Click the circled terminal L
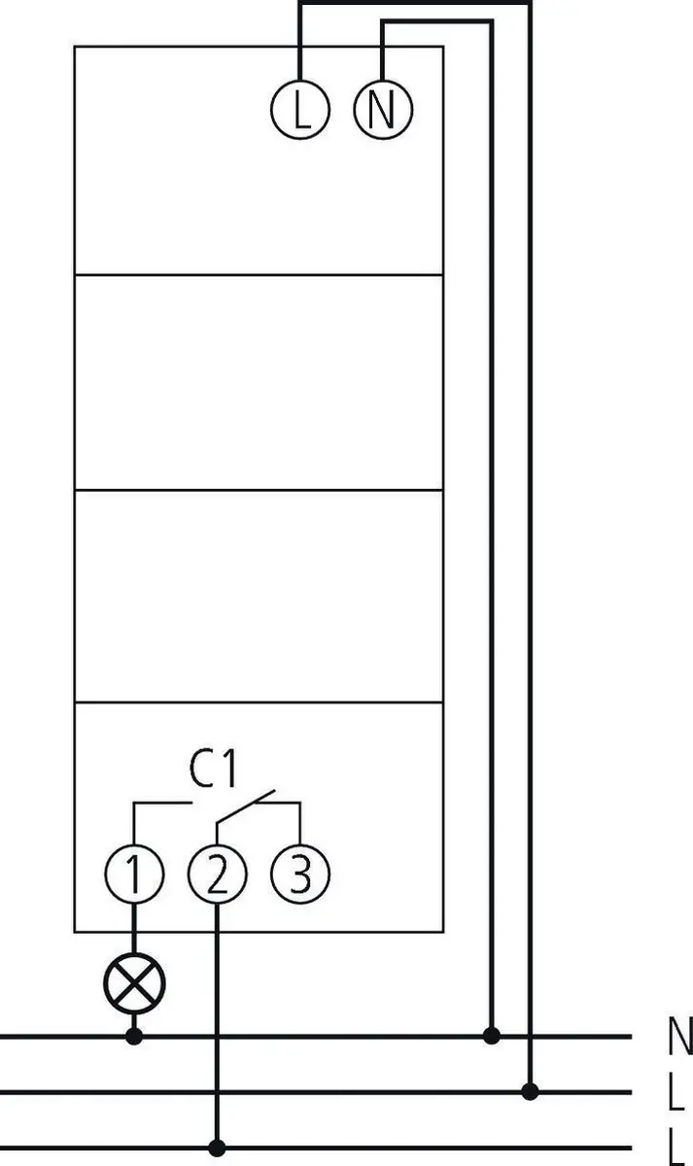tap(300, 109)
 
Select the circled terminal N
tap(383, 109)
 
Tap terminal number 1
tap(134, 874)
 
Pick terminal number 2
tap(217, 874)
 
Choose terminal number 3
tap(300, 874)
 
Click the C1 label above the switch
tap(213, 769)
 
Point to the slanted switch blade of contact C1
tap(245, 806)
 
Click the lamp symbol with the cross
tap(134, 983)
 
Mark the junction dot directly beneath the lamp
tap(134, 1037)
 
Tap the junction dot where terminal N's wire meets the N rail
tap(492, 1036)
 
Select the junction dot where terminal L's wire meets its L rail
tap(530, 1091)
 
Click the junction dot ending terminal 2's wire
tap(217, 1148)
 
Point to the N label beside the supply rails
tap(680, 1037)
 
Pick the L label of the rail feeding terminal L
tap(676, 1091)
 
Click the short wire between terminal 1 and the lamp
tap(134, 929)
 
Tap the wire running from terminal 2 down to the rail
tap(217, 1021)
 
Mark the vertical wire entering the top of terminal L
tap(300, 42)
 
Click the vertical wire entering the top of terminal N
tap(383, 51)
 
